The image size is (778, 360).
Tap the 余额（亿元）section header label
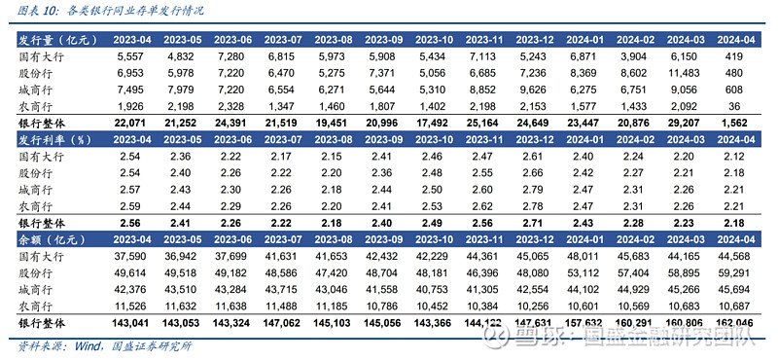tap(49, 238)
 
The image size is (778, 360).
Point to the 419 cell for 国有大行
tap(744, 57)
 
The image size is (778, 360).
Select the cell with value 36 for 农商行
tap(744, 105)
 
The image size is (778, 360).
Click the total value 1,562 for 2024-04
tap(744, 122)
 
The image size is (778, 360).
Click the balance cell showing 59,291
tap(744, 272)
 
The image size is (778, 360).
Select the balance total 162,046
tap(744, 321)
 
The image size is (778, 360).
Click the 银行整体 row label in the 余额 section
tap(46, 321)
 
